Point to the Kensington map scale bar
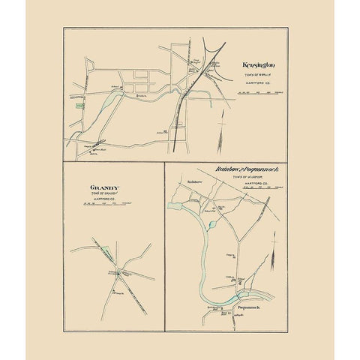click(259, 92)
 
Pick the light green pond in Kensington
click(113, 99)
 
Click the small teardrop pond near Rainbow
click(212, 223)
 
